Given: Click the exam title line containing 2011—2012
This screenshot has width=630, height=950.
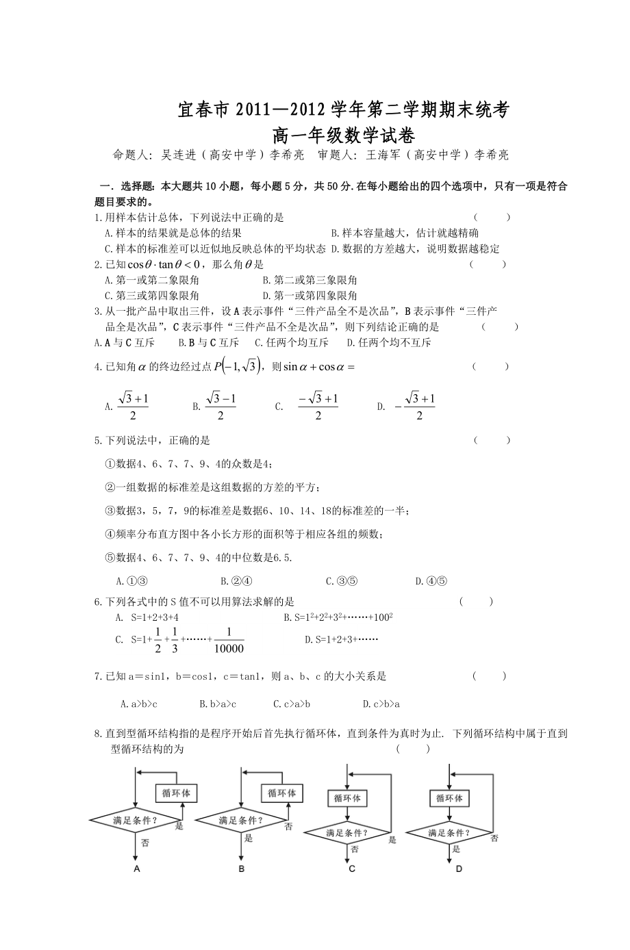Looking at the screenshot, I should pos(342,110).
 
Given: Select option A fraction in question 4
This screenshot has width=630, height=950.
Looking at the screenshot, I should pos(133,407).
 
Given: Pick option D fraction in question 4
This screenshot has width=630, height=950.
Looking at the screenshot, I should pos(415,407).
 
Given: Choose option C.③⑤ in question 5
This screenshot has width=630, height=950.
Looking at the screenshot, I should pos(342,581).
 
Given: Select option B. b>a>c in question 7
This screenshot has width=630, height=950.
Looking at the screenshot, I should pos(218,703).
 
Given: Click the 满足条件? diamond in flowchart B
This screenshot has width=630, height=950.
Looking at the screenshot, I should pos(241,820).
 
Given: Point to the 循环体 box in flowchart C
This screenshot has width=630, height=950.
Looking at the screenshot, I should pos(347,798).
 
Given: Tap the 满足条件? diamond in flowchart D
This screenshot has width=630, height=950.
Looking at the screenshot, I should pos(449,833).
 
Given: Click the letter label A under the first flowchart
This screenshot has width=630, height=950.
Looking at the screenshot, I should pos(137,869).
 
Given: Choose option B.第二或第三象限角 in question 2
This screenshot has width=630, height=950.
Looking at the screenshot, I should pos(310,280).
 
